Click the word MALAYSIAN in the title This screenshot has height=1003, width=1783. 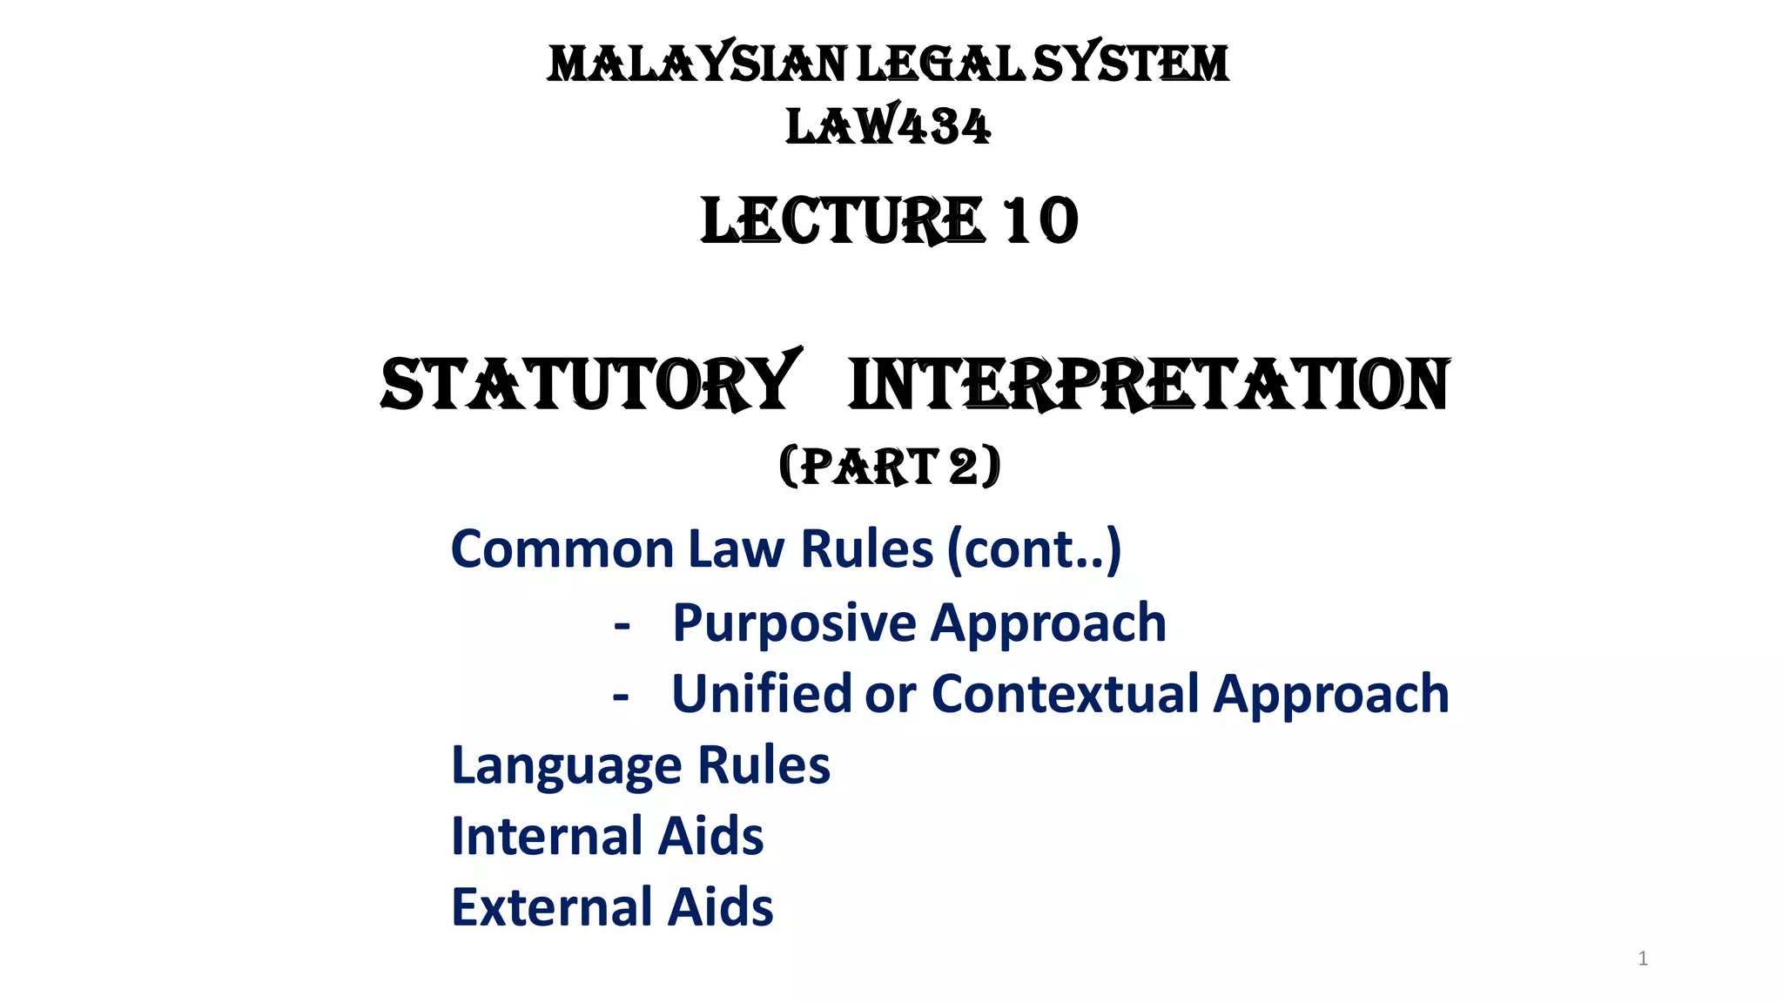tap(696, 65)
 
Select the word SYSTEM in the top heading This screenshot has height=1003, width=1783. tap(1131, 65)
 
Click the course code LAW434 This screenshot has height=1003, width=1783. tap(888, 127)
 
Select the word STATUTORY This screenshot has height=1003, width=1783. tap(589, 384)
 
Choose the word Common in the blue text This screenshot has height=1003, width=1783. tap(562, 549)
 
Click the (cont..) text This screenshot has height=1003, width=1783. tap(1034, 549)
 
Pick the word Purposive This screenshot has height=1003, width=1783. tap(794, 623)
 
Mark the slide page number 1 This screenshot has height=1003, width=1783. tap(1642, 959)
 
